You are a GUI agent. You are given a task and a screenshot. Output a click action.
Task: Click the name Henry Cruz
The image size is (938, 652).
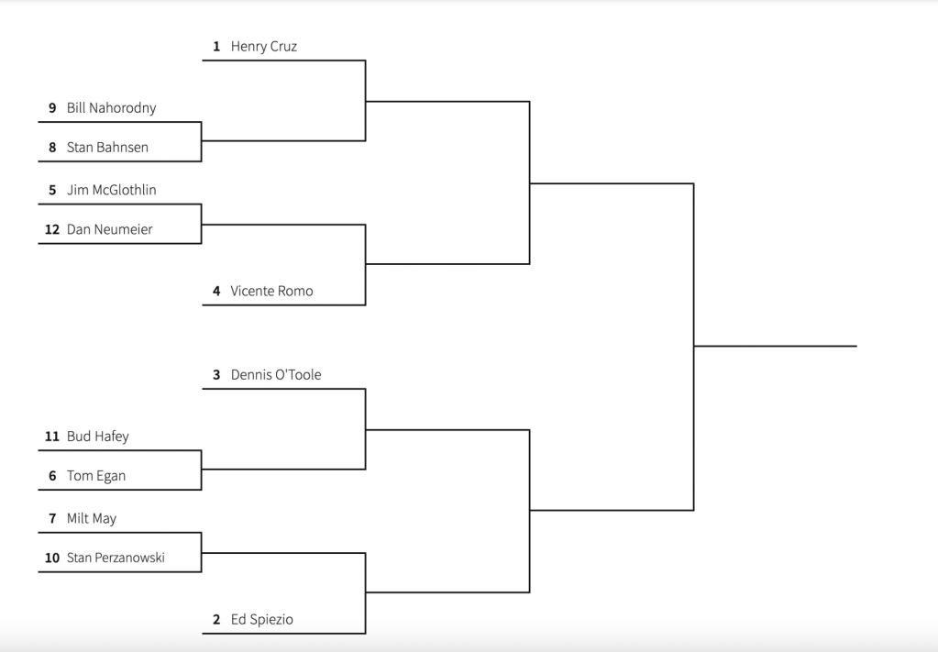pyautogui.click(x=263, y=46)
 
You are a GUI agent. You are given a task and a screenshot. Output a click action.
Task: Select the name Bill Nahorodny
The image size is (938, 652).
pyautogui.click(x=111, y=107)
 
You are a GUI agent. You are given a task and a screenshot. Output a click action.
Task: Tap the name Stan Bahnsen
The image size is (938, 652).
pyautogui.click(x=107, y=147)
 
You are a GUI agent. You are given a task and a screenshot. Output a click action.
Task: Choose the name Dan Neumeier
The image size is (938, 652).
pyautogui.click(x=109, y=229)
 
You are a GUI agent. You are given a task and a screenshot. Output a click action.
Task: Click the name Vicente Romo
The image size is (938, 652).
pyautogui.click(x=271, y=291)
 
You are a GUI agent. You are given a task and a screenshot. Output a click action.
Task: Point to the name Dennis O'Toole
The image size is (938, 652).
pyautogui.click(x=276, y=374)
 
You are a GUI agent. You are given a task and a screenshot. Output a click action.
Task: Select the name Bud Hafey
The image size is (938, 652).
pyautogui.click(x=97, y=437)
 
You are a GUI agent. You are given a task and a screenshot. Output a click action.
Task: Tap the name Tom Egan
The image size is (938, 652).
pyautogui.click(x=95, y=476)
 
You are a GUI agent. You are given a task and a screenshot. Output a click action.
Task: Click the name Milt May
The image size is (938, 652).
pyautogui.click(x=92, y=518)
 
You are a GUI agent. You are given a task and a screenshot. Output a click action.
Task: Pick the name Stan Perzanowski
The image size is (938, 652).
pyautogui.click(x=116, y=558)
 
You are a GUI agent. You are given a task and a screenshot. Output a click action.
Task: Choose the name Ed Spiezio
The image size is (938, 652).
pyautogui.click(x=262, y=620)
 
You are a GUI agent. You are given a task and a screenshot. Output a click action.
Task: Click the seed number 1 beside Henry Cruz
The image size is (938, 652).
pyautogui.click(x=216, y=46)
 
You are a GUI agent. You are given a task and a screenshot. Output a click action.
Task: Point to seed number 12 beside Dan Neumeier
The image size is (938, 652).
pyautogui.click(x=52, y=229)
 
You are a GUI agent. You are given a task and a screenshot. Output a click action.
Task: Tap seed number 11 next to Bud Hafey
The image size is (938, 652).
pyautogui.click(x=52, y=437)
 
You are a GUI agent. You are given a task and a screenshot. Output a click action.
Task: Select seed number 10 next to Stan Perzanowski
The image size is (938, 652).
pyautogui.click(x=52, y=558)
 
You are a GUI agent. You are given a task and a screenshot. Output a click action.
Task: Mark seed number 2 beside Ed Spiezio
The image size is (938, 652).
pyautogui.click(x=216, y=620)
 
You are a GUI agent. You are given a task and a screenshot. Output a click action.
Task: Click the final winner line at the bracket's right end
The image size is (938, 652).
pyautogui.click(x=775, y=346)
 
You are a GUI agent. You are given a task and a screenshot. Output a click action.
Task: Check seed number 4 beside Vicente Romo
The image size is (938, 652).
pyautogui.click(x=216, y=291)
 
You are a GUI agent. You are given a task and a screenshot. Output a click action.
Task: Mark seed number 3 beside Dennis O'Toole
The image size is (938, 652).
pyautogui.click(x=216, y=374)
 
